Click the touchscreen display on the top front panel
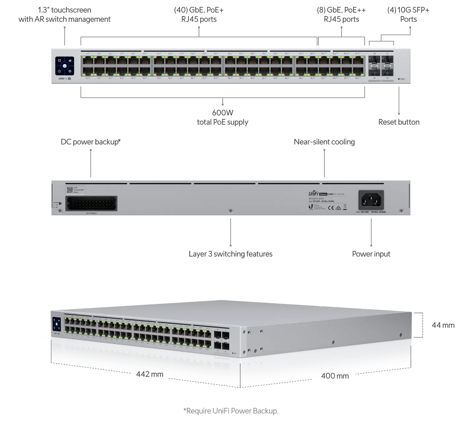65,66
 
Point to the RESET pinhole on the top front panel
399,79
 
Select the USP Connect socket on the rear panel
91,204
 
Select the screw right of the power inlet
401,210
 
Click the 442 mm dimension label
150,374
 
